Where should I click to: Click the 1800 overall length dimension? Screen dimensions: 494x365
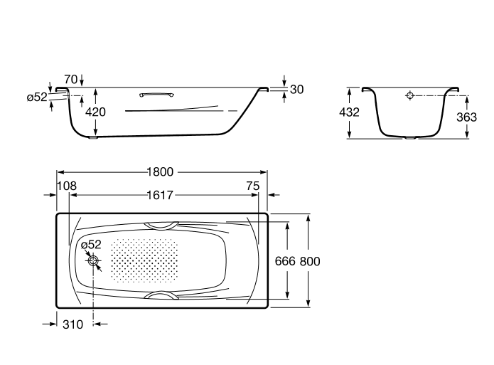coord(161,172)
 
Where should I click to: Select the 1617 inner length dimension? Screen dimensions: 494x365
coord(161,195)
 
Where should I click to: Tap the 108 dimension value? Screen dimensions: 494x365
coord(67,186)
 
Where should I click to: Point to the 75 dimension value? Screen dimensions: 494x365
coord(253,186)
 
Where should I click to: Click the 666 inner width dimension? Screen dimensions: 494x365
coord(285,261)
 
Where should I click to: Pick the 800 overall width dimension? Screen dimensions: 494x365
coord(310,261)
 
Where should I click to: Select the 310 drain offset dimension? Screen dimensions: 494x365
coord(73,324)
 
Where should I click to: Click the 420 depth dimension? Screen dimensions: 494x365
coord(95,112)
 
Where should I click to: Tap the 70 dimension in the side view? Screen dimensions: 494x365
coord(70,79)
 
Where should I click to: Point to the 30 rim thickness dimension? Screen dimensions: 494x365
coord(297,90)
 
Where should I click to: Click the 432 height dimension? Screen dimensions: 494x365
coord(349,112)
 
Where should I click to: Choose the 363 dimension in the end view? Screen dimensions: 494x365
coord(466,117)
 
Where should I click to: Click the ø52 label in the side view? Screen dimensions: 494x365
coord(37,97)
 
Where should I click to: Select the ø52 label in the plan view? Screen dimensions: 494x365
coord(91,245)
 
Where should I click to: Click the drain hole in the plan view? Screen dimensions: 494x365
coord(93,261)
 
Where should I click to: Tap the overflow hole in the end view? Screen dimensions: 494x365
coord(410,95)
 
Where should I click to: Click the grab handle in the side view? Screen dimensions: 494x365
coord(156,95)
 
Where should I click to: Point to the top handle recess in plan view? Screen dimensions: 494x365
coord(161,226)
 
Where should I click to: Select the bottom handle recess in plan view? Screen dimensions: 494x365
coord(161,295)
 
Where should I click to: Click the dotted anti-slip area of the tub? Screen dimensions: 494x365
coord(144,260)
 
